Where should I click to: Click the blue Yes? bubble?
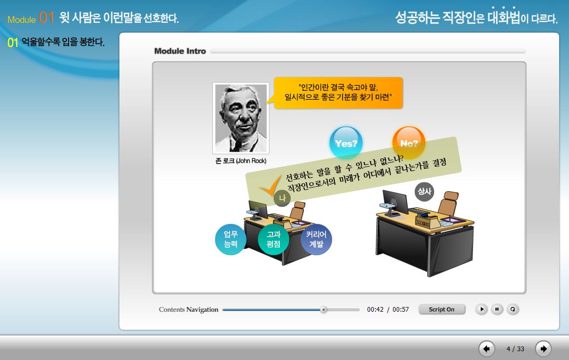[346, 142]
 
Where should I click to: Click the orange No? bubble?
[409, 142]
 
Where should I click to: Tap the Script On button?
[442, 309]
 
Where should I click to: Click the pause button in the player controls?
[497, 309]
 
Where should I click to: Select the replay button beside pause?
[513, 309]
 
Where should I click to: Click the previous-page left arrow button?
[486, 349]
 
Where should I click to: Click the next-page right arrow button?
[543, 349]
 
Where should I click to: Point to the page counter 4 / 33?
[516, 349]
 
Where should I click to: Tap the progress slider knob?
[323, 310]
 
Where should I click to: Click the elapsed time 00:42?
[375, 310]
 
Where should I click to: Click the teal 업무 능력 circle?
[231, 239]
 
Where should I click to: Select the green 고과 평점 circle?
[273, 239]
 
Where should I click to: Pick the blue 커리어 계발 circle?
[316, 239]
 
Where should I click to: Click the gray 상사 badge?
[424, 192]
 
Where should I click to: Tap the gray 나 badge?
[282, 198]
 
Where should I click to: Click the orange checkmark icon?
[270, 185]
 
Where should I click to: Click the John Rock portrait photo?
[240, 118]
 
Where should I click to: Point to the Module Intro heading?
[180, 51]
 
